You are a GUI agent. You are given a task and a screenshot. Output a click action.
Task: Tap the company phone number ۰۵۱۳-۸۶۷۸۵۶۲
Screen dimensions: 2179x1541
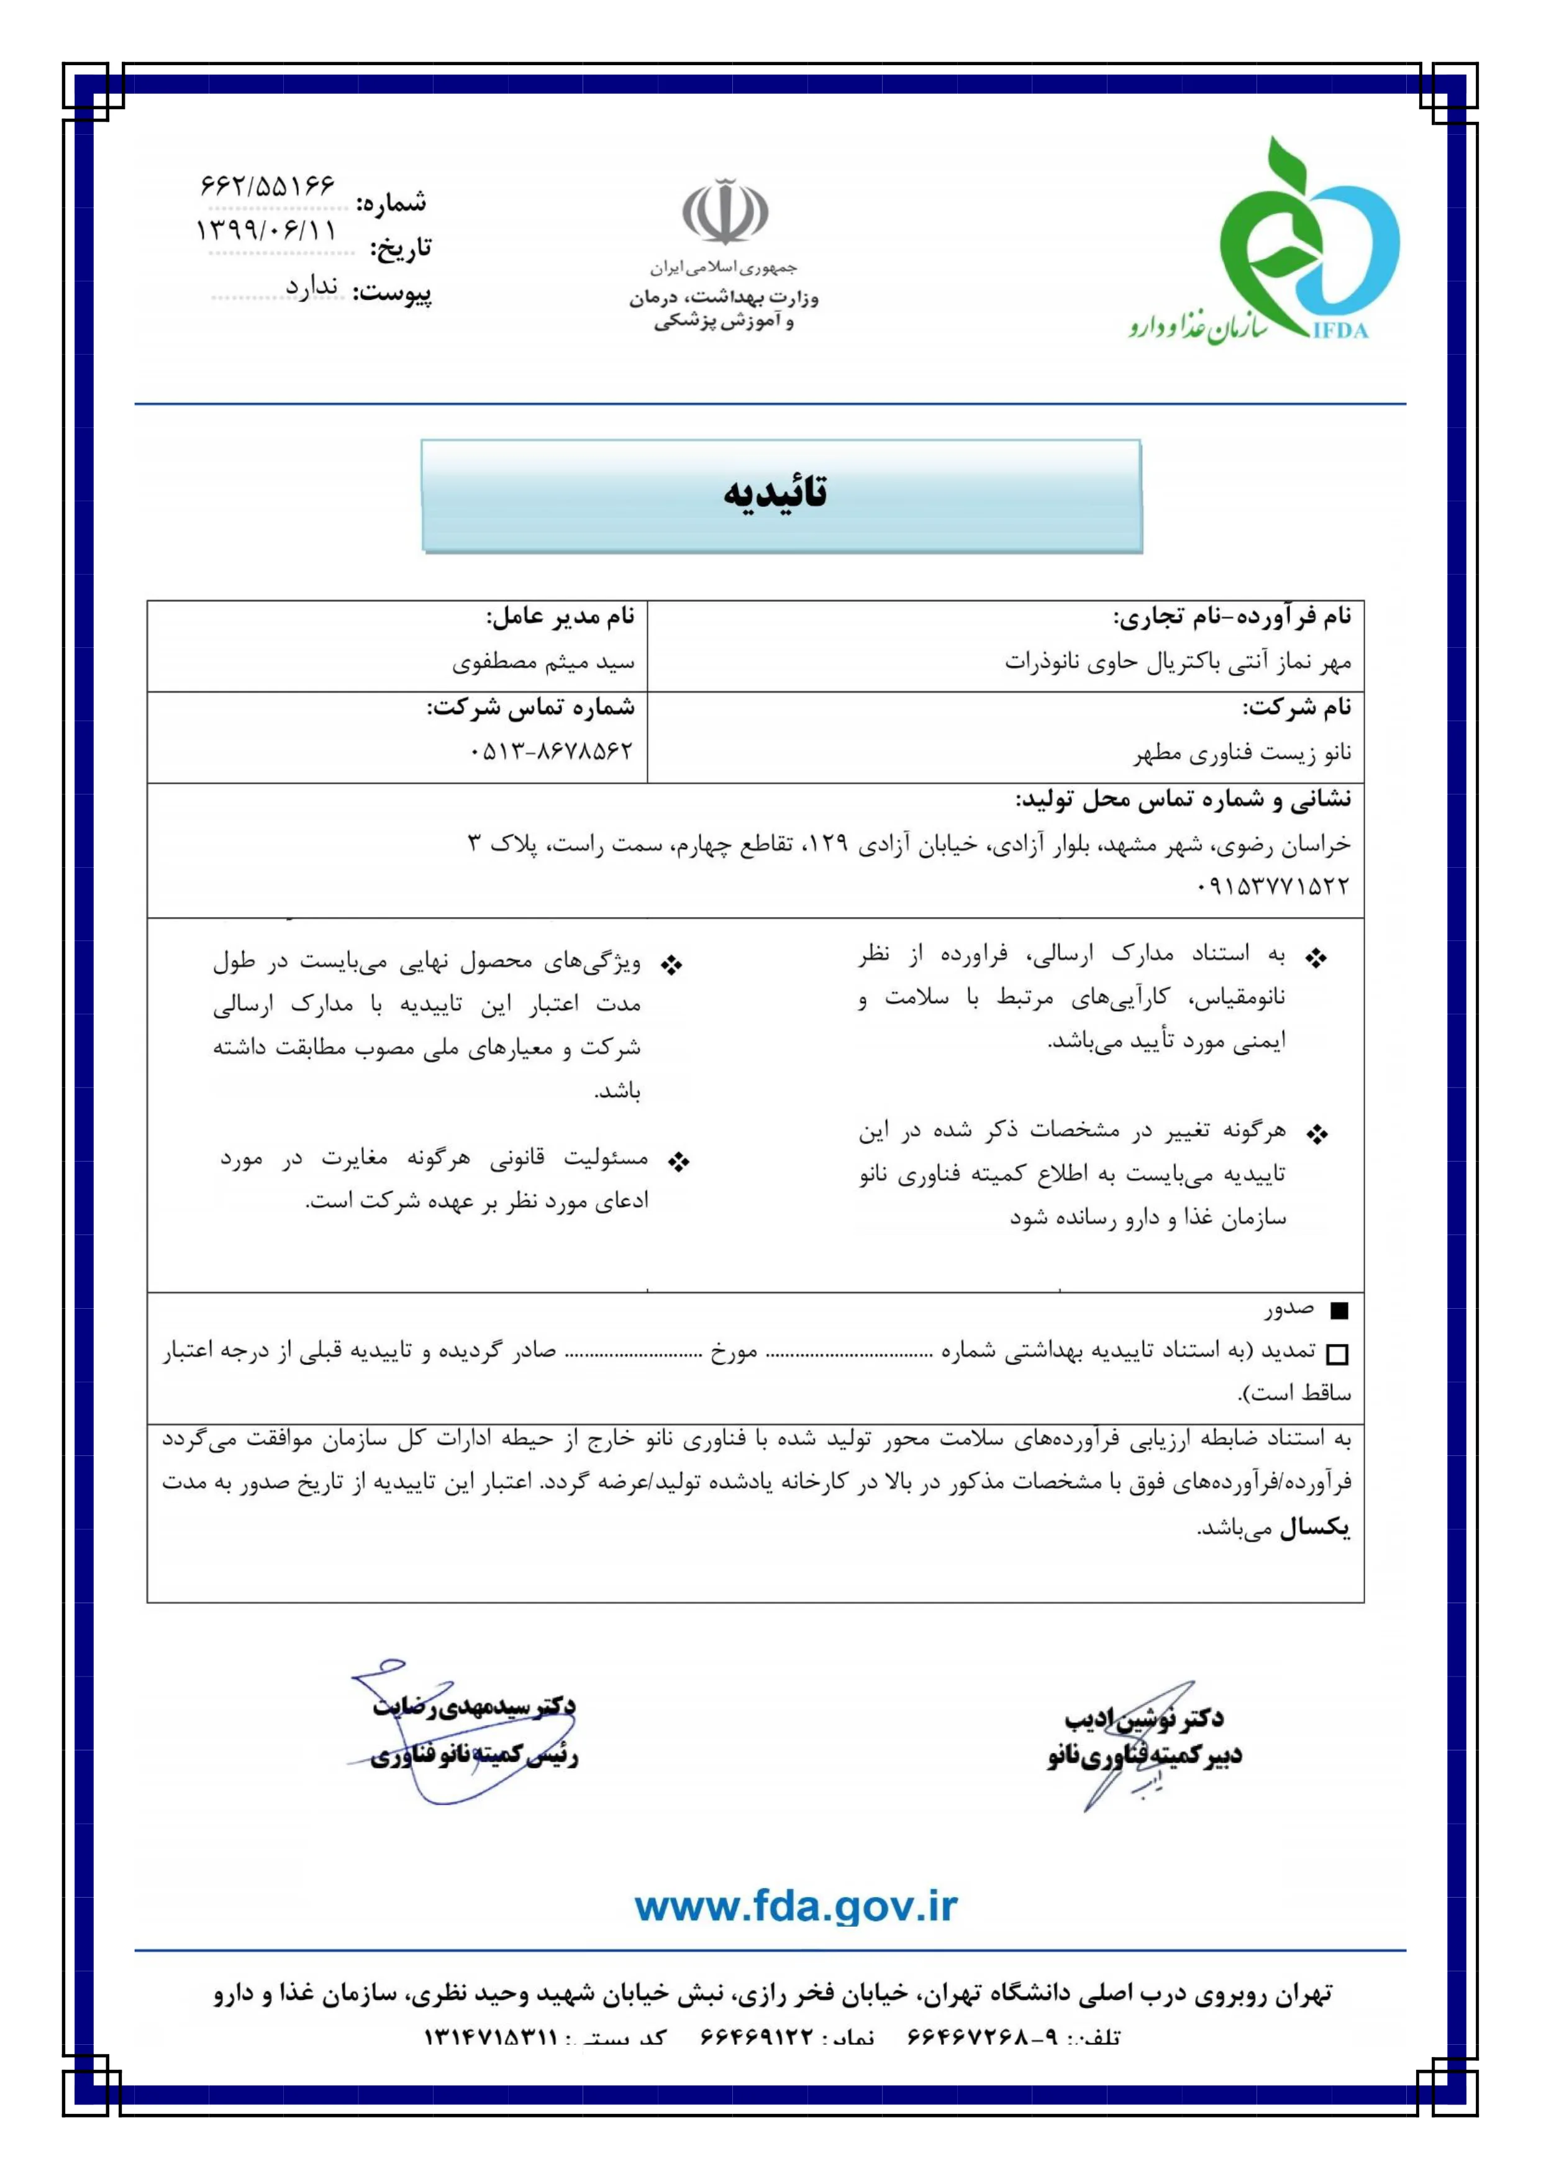tap(550, 752)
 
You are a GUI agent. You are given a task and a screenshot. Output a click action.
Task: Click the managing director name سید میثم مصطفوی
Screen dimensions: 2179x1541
tap(543, 662)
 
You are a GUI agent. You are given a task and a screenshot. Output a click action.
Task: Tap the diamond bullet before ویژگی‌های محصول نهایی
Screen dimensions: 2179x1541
tap(672, 966)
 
